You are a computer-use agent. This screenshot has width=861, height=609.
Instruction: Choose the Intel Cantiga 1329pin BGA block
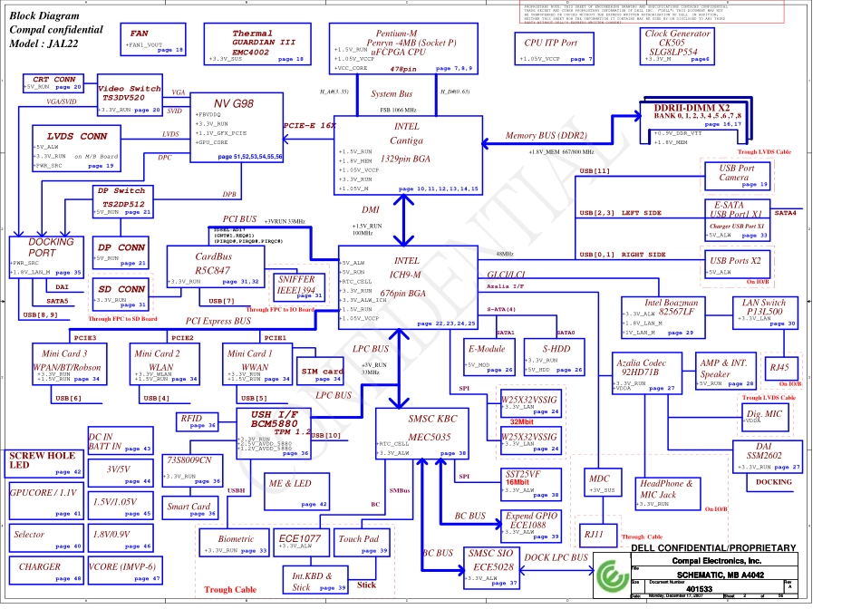point(407,151)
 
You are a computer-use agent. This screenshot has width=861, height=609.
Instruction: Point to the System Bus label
point(392,94)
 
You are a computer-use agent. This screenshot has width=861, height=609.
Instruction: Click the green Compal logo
point(606,574)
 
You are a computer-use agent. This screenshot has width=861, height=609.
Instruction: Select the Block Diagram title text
point(45,16)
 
